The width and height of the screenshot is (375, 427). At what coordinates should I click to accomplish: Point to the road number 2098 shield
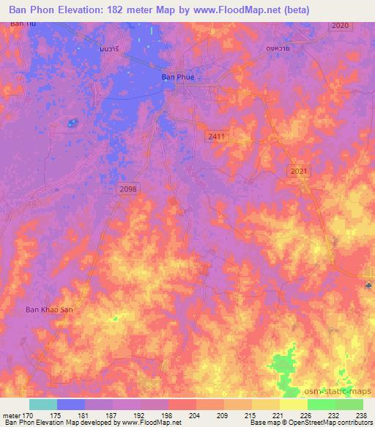point(127,189)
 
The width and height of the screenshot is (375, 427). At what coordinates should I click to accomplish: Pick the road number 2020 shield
point(340,26)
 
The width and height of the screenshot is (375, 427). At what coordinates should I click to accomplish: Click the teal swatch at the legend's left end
point(42,404)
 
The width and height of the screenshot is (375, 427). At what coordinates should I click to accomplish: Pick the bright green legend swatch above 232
point(321,404)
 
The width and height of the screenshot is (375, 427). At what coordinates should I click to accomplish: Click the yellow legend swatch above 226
point(293,404)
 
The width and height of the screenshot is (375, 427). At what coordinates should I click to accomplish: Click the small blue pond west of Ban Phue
point(72,123)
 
